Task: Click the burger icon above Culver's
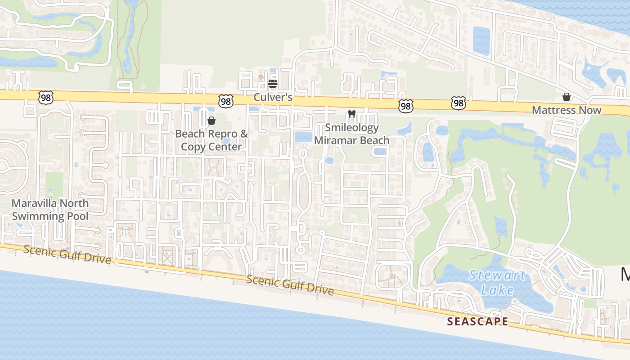[x=272, y=84]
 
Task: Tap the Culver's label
[x=273, y=97]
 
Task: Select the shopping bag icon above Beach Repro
[x=211, y=121]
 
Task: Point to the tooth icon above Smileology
[x=352, y=114]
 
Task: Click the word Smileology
[x=352, y=128]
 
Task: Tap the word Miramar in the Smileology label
[x=336, y=140]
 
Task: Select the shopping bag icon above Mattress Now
[x=567, y=97]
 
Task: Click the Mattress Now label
[x=567, y=110]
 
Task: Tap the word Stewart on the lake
[x=497, y=275]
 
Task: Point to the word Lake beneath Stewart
[x=497, y=290]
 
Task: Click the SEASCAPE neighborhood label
[x=477, y=321]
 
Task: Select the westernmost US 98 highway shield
[x=46, y=97]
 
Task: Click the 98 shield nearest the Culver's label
[x=226, y=101]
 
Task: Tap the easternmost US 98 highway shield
[x=458, y=104]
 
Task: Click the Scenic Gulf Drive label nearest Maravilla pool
[x=67, y=254]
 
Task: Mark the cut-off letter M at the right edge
[x=625, y=274]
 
